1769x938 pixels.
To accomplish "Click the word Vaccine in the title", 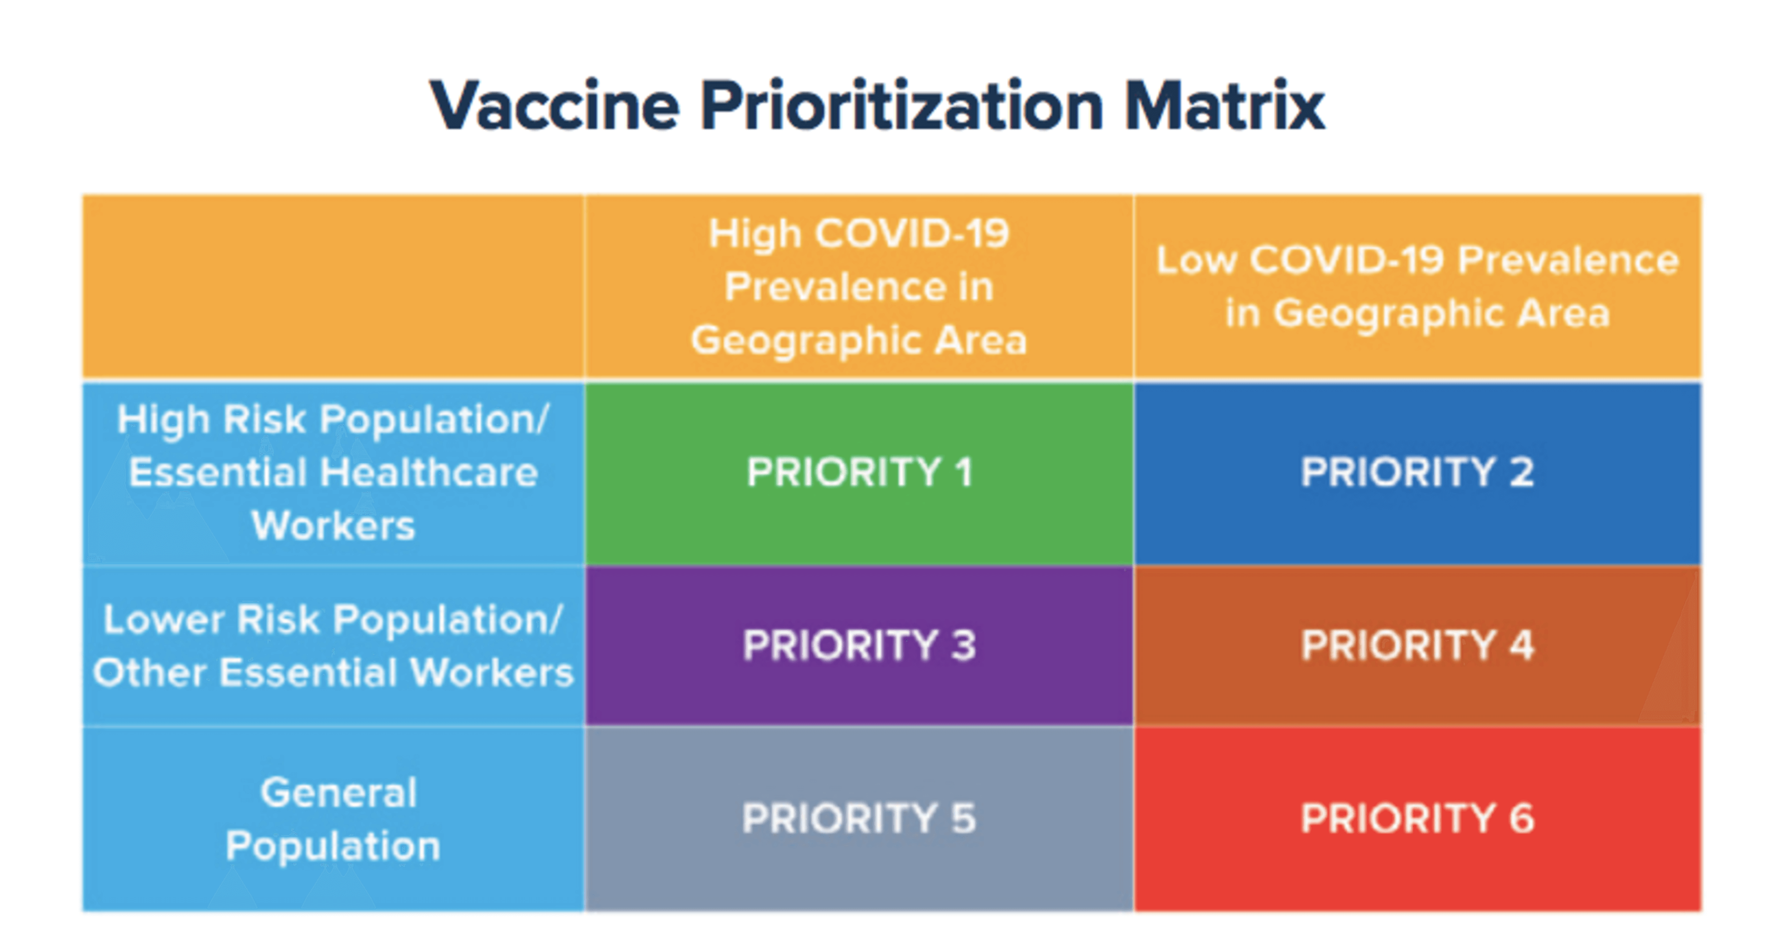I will [x=555, y=107].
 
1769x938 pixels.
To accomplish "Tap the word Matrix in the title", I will [x=1225, y=107].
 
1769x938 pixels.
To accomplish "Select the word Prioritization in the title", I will [x=902, y=107].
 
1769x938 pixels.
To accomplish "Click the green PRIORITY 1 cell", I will [x=858, y=473].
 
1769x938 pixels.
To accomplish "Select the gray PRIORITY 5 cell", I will [x=858, y=819].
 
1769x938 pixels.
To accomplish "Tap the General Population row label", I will [x=334, y=819].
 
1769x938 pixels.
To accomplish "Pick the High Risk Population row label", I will [x=334, y=473].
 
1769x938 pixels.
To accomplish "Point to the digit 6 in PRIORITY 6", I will [x=1522, y=819].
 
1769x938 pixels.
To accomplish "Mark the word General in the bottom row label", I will [x=339, y=793].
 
